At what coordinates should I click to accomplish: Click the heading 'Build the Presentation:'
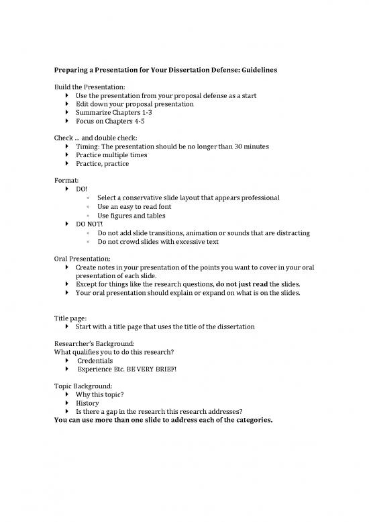93,87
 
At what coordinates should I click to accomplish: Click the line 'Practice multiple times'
111,155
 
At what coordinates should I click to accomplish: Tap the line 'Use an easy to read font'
134,207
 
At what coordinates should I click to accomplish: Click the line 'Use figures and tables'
131,216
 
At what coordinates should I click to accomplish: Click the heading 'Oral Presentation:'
84,259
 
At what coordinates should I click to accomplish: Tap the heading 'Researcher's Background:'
94,343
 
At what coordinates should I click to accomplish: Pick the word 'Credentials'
95,361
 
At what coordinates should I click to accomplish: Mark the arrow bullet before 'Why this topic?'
68,395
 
